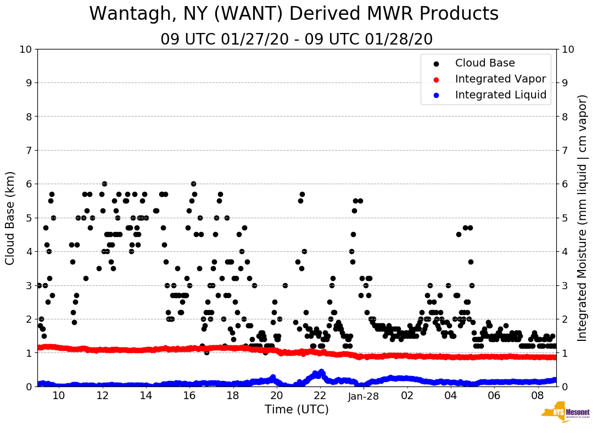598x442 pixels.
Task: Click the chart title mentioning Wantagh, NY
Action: (294, 14)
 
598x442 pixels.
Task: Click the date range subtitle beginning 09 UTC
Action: (297, 40)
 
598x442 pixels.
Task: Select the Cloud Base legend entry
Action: (485, 63)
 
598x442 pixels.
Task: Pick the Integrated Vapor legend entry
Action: (500, 79)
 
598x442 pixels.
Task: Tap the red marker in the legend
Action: (437, 79)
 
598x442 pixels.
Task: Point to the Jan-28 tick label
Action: (364, 396)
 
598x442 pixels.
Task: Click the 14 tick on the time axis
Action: (146, 396)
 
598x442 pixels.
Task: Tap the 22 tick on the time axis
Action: (320, 396)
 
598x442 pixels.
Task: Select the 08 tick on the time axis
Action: (538, 396)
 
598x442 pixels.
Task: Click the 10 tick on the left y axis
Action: (25, 49)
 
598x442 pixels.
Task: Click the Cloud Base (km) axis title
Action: (10, 218)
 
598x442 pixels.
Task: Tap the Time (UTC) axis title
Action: (297, 410)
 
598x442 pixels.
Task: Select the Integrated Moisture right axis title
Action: (583, 218)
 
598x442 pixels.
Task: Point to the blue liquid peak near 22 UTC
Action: (321, 372)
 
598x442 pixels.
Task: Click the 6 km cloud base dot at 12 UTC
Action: (104, 184)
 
